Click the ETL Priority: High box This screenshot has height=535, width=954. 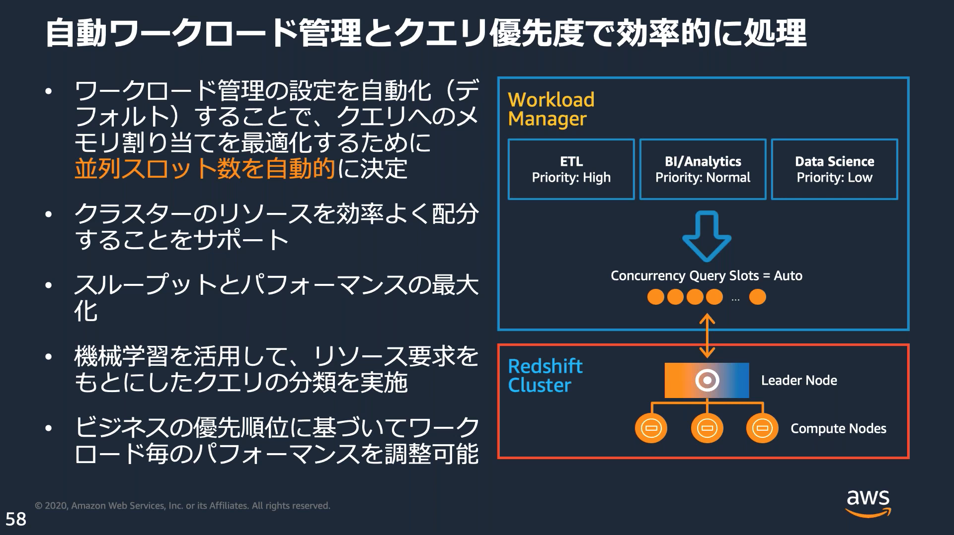[571, 169]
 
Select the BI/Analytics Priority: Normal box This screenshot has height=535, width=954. [703, 169]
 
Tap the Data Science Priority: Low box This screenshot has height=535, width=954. [834, 169]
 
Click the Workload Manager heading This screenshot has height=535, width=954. [551, 109]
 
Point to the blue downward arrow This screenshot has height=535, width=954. [707, 236]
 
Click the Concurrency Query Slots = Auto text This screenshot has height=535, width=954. [706, 275]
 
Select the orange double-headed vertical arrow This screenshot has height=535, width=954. [707, 335]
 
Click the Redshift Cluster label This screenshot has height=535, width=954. [545, 376]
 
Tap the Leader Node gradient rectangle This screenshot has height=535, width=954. [707, 380]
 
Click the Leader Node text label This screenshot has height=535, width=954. [799, 381]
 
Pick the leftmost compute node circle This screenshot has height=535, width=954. [651, 428]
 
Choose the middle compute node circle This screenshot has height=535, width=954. [707, 428]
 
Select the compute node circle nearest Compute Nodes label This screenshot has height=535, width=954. [762, 428]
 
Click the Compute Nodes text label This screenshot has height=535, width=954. [838, 428]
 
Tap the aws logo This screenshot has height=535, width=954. [868, 503]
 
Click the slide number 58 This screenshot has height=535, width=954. [16, 519]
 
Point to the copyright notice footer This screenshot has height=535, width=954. [182, 506]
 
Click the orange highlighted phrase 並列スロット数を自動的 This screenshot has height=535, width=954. [205, 169]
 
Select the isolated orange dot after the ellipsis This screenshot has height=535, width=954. [757, 297]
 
